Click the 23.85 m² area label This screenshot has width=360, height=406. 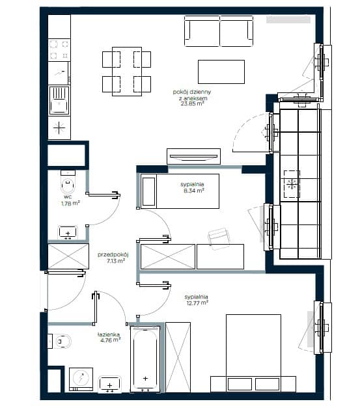tap(192, 103)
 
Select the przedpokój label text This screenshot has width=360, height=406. tap(113, 254)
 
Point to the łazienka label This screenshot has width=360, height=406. tap(109, 334)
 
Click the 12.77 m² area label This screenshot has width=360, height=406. tap(197, 303)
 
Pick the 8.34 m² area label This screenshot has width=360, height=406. tap(194, 191)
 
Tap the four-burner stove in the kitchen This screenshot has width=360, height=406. tap(59, 49)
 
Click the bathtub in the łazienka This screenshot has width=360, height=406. tap(145, 359)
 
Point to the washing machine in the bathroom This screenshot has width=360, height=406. tap(81, 379)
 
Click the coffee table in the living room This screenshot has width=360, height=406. tap(221, 72)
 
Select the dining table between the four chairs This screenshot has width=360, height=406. tap(127, 72)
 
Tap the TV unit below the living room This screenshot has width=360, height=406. tap(193, 156)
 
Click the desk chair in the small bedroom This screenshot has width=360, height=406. tap(219, 239)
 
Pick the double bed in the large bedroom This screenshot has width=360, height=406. tap(253, 353)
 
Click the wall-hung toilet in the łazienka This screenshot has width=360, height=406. tap(60, 342)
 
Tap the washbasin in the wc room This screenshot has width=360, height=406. tap(68, 232)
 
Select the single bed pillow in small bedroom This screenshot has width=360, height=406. tap(148, 191)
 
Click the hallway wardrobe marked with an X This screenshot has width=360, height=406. tap(68, 256)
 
